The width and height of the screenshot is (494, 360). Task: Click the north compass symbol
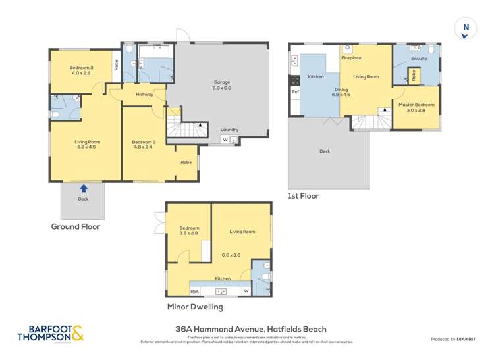point(466,28)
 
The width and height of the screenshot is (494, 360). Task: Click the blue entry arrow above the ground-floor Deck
point(84,188)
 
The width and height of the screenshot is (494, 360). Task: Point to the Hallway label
point(144,94)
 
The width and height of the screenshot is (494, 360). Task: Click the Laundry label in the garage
point(229,130)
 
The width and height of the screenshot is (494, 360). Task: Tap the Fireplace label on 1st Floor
point(351,58)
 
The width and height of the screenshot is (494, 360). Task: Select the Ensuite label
point(419,59)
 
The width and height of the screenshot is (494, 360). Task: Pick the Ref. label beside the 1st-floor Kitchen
point(295,92)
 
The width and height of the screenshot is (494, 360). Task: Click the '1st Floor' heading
point(304,196)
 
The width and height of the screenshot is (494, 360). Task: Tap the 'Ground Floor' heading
point(75,226)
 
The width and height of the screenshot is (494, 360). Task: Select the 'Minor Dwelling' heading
point(195,307)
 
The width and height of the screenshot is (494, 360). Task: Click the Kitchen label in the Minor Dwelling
point(222,278)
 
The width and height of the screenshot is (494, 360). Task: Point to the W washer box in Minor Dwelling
point(246,291)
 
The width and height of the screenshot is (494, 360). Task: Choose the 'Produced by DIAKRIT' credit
point(453,339)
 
